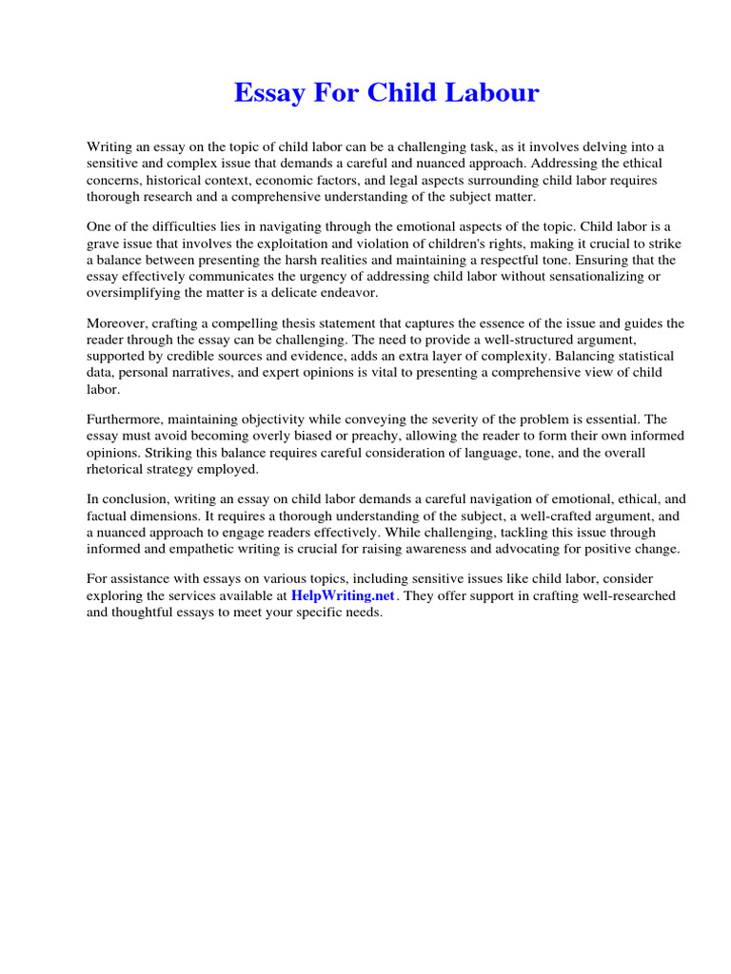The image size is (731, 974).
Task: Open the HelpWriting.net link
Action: tap(343, 595)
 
